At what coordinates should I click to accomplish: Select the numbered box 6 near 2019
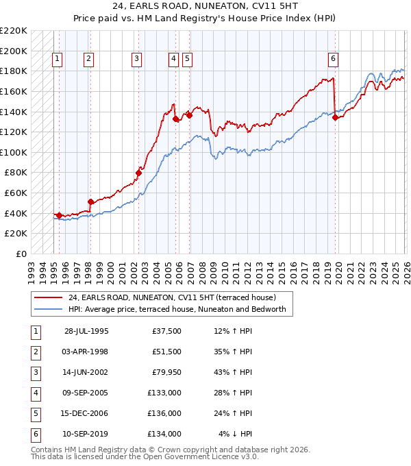[x=333, y=59]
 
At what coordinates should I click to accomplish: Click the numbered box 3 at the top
[x=137, y=59]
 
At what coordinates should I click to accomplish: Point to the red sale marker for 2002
[x=138, y=173]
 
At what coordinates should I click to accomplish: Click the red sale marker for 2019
[x=335, y=117]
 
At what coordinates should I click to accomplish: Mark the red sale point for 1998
[x=90, y=201]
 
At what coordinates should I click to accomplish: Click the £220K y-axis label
[x=14, y=31]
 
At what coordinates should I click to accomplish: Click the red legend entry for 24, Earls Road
[x=171, y=297]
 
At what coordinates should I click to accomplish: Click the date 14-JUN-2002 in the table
[x=86, y=372]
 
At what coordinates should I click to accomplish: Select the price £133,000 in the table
[x=164, y=393]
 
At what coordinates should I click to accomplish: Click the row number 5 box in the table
[x=34, y=413]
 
